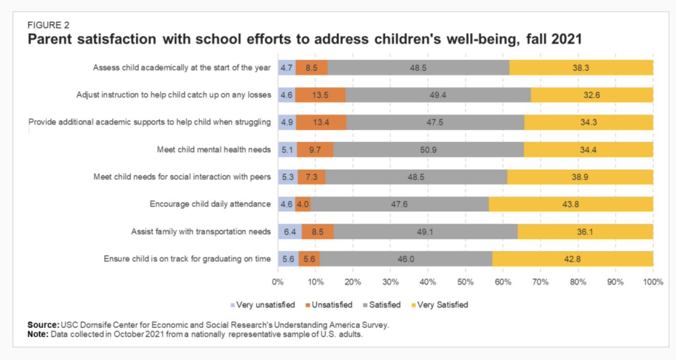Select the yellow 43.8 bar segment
click(x=571, y=205)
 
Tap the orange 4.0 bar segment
click(x=303, y=205)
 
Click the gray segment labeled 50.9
click(x=428, y=149)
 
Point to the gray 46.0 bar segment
click(x=406, y=259)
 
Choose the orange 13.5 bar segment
click(x=321, y=95)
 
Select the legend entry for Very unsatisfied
click(x=263, y=305)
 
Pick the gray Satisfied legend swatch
click(x=366, y=305)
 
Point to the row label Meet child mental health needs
click(x=214, y=149)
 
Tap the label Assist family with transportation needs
click(x=201, y=232)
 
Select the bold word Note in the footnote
click(x=38, y=334)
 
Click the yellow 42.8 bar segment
click(x=572, y=259)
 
